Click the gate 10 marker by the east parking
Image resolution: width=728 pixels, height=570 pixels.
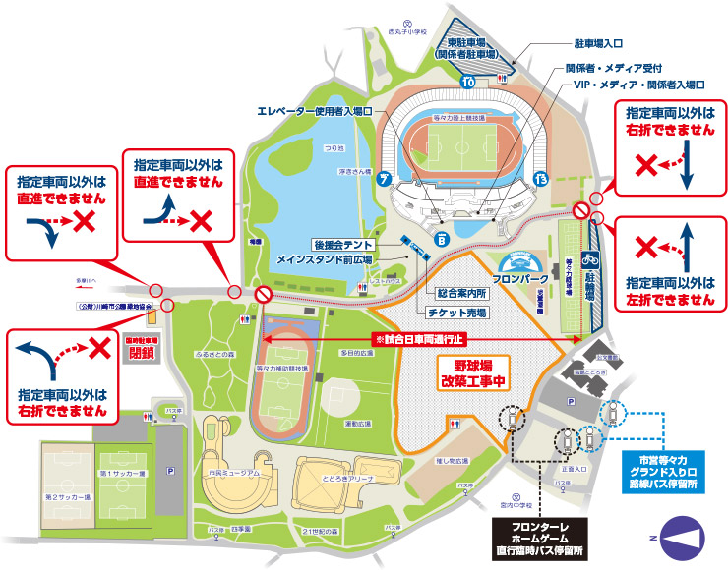(468, 81)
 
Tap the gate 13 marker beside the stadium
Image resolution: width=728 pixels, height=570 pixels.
(540, 177)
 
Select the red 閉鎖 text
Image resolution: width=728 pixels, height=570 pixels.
(142, 354)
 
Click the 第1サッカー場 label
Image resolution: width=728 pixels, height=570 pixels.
(122, 474)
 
